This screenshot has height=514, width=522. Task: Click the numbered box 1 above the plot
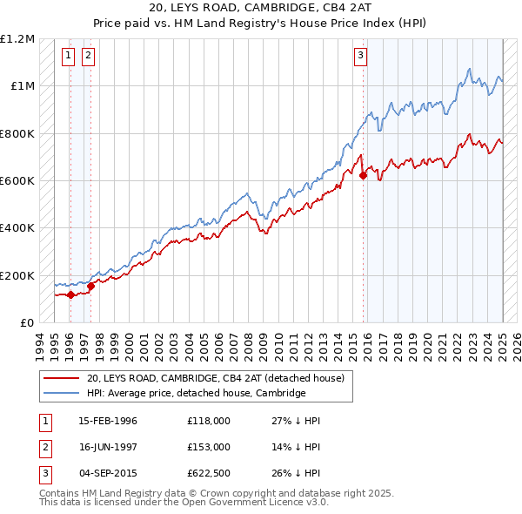(69, 56)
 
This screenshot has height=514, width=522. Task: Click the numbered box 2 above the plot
(89, 56)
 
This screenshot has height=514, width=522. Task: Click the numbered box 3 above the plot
(360, 56)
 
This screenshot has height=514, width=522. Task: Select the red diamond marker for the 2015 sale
(363, 175)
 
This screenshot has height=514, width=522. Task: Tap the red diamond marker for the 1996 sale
(70, 294)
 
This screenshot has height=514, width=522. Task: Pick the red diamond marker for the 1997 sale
(90, 286)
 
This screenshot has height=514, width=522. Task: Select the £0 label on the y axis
(25, 323)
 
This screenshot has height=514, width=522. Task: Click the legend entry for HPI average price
(196, 393)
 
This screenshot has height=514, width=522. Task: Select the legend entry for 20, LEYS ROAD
(216, 378)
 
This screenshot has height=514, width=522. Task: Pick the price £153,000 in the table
(208, 446)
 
